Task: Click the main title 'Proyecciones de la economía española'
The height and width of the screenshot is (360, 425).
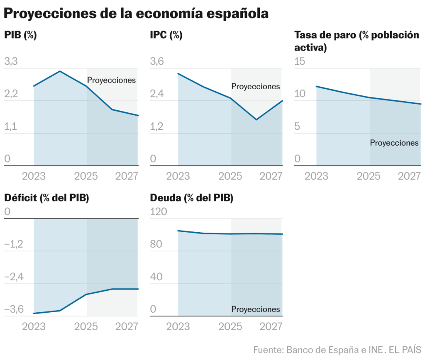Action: (x=136, y=13)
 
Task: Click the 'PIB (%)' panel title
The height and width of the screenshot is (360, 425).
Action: (x=20, y=35)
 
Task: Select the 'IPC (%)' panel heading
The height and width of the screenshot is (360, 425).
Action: (x=166, y=35)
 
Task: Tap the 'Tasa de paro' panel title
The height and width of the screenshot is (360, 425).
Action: (x=357, y=41)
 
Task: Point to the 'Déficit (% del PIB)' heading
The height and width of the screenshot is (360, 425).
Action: (x=46, y=198)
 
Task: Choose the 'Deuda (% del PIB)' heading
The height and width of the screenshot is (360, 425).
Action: (x=191, y=198)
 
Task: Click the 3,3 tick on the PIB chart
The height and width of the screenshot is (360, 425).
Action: (x=11, y=62)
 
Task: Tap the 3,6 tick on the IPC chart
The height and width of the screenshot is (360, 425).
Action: (x=157, y=62)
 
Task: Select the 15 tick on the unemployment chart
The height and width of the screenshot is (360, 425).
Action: (x=300, y=62)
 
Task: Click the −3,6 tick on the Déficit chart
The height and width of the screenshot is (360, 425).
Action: (x=13, y=309)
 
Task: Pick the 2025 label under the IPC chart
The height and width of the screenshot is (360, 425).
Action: (x=230, y=176)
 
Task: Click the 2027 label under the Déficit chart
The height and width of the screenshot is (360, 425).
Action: (x=126, y=327)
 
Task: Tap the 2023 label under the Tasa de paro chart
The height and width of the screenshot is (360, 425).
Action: (x=317, y=176)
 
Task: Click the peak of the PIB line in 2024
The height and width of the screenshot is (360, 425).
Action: (x=60, y=71)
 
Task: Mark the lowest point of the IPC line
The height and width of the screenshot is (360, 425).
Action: (x=256, y=120)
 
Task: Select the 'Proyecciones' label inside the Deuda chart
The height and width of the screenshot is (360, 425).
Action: (x=256, y=309)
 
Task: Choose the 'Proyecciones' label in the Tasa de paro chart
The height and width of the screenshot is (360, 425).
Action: (x=394, y=143)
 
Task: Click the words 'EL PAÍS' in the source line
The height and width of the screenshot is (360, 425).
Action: (x=406, y=350)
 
